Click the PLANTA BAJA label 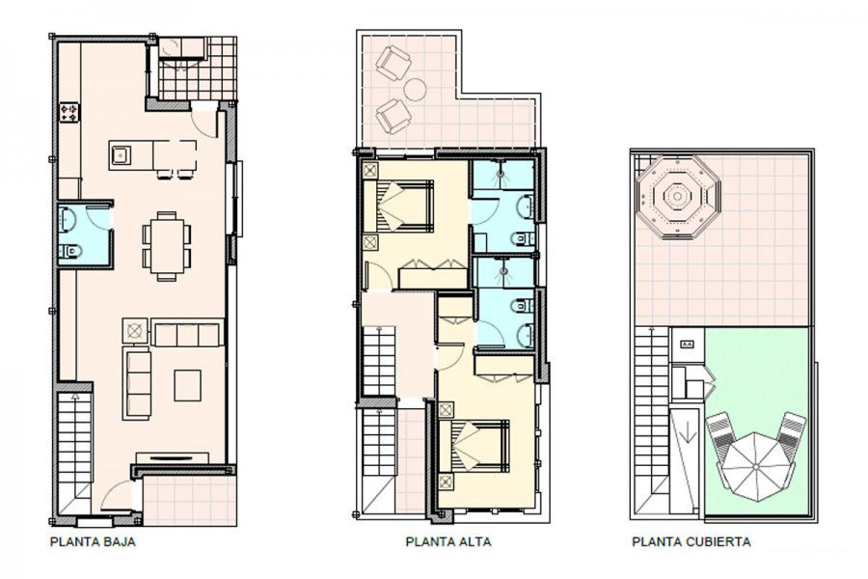point(93,541)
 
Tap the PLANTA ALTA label point(448,541)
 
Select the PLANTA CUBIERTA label point(692,541)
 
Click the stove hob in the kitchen point(69,113)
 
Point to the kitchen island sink point(121,154)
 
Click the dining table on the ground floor point(167,245)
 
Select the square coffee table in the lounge point(188,386)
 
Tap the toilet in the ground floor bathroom point(69,252)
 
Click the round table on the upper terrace point(415,89)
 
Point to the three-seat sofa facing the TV point(137,383)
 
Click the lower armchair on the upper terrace point(393,117)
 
